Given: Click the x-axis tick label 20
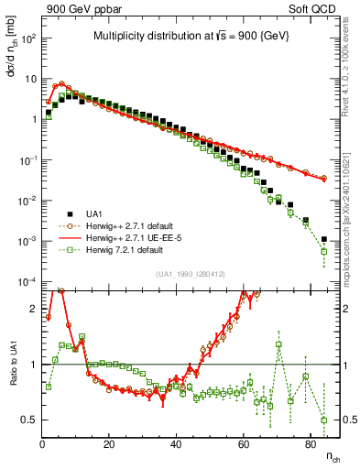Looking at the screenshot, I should (109, 444).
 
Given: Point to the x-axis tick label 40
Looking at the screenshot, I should (176, 444).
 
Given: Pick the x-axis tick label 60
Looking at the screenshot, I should (243, 444).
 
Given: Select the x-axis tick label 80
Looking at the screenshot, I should (310, 444).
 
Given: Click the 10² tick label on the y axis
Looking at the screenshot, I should (27, 38).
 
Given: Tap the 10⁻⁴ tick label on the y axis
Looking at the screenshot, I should (27, 281).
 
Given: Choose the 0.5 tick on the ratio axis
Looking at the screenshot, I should (28, 420).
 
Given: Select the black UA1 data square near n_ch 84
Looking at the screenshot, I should (323, 240).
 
